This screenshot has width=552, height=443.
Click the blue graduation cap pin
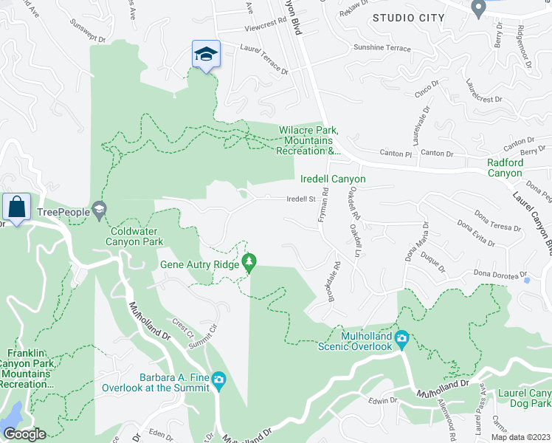(206, 53)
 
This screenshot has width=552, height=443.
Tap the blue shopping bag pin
(15, 207)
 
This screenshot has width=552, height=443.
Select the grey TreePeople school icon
(99, 211)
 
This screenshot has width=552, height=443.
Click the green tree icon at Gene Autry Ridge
(250, 262)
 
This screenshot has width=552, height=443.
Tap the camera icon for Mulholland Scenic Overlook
(402, 340)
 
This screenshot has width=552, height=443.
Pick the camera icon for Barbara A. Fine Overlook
(218, 380)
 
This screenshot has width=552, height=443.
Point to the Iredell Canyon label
(332, 179)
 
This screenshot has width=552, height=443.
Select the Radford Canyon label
(505, 168)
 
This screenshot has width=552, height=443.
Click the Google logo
(24, 434)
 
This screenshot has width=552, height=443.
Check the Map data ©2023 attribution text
(520, 437)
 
